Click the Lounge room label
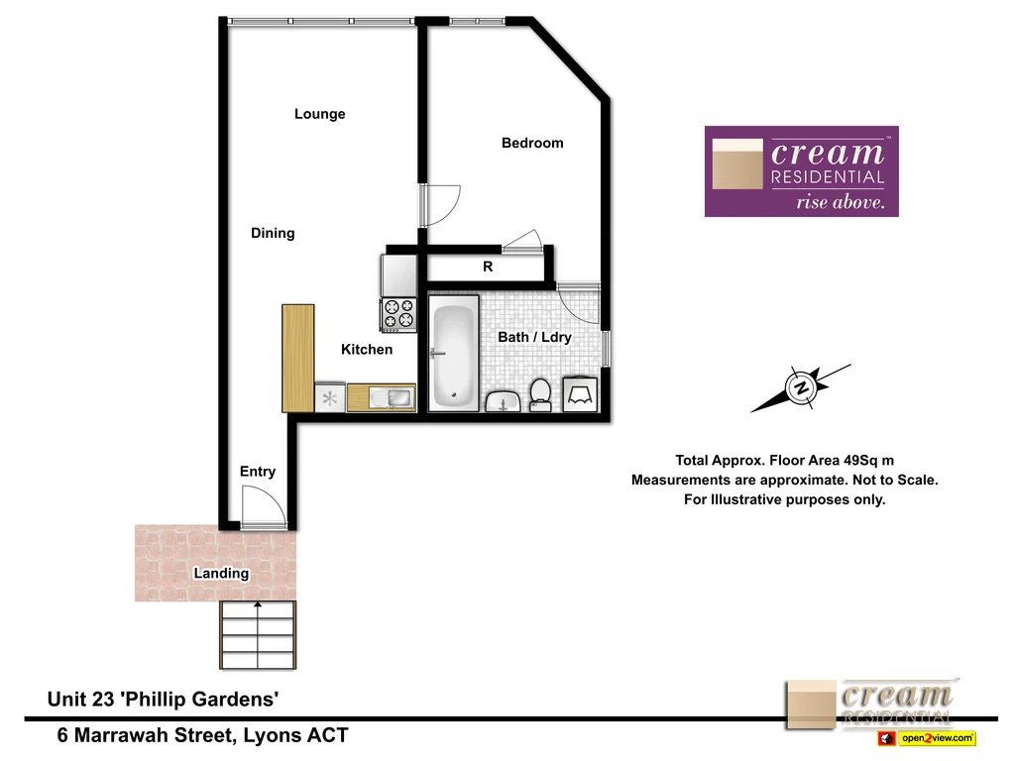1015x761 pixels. (x=319, y=114)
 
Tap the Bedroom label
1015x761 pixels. (x=532, y=143)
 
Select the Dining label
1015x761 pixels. (x=273, y=233)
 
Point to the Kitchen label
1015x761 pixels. (x=367, y=349)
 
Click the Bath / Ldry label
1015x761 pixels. (x=534, y=337)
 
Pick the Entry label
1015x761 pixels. (x=258, y=472)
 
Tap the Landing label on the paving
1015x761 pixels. (x=221, y=573)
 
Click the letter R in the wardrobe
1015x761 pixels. (x=488, y=268)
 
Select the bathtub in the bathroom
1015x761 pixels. (x=454, y=356)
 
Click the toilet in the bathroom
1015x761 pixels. (x=540, y=393)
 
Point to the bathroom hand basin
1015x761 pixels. (x=505, y=400)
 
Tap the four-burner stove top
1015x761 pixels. (x=398, y=314)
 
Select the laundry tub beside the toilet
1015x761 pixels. (x=579, y=394)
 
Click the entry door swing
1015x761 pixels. (x=263, y=510)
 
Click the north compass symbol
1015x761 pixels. (x=800, y=387)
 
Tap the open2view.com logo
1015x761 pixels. (x=926, y=738)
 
